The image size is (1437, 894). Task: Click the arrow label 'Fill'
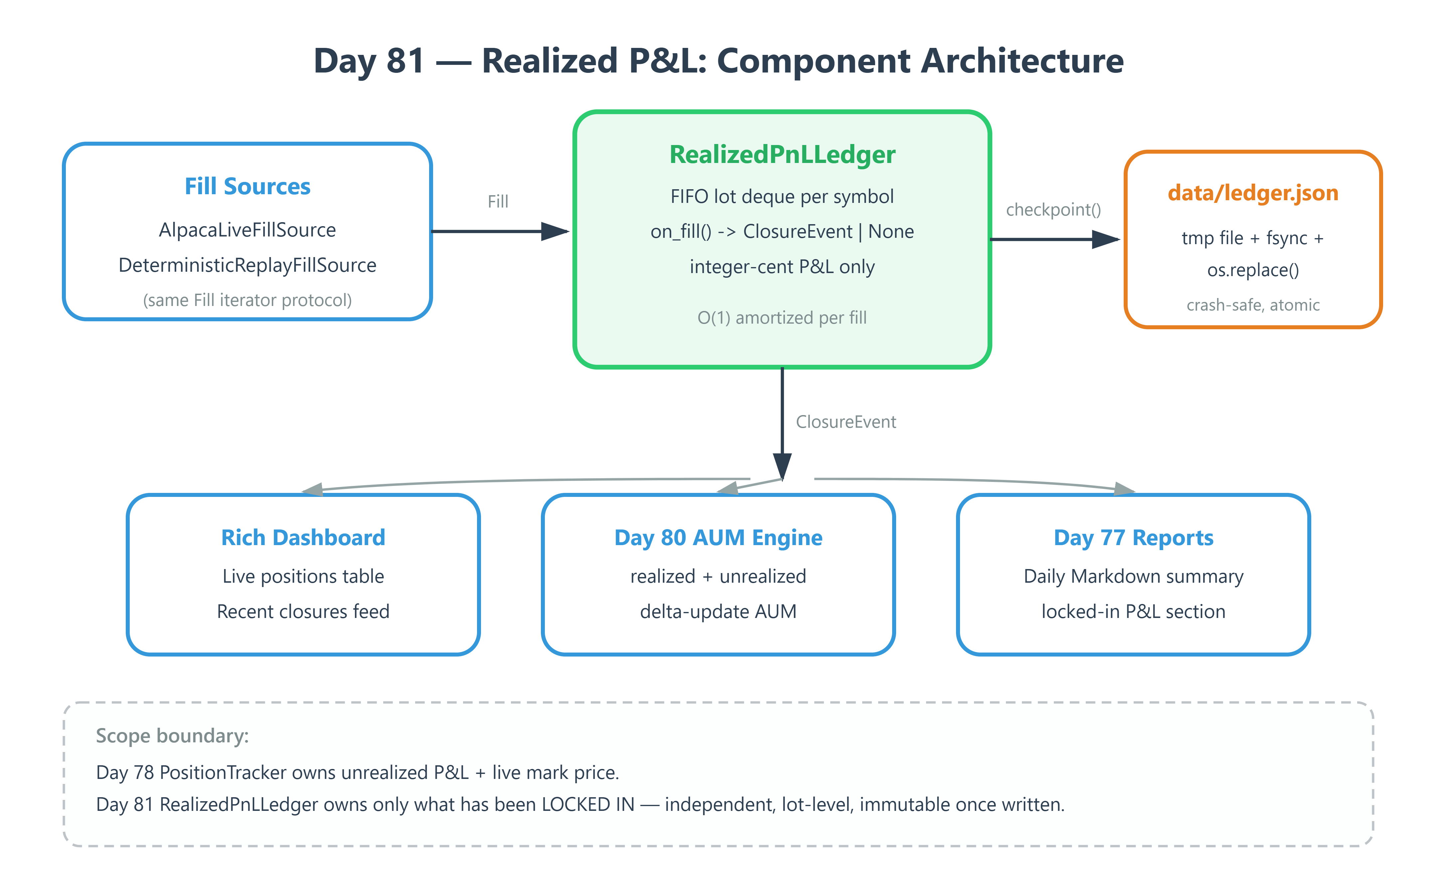(498, 202)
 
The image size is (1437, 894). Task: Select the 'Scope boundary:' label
(172, 736)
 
